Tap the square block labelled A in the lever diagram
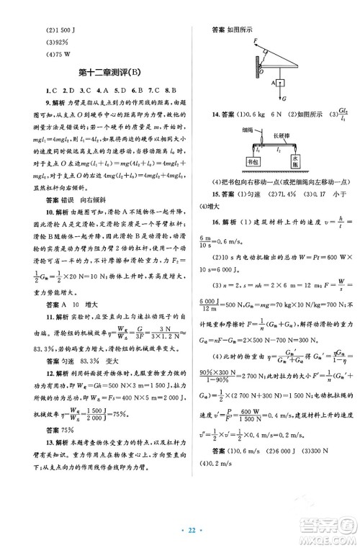[276, 83]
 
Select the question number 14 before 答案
[215, 114]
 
